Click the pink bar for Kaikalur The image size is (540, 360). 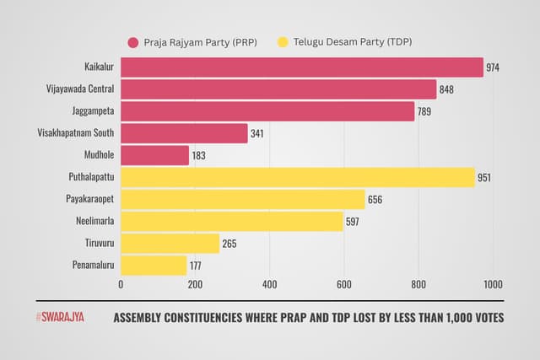coord(302,67)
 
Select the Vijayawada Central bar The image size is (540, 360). coord(278,89)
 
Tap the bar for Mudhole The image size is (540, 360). coord(155,155)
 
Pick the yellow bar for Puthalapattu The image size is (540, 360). coord(298,177)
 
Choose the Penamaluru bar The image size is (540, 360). coord(154,266)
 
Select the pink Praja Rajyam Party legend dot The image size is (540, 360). coord(133,42)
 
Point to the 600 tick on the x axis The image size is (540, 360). coord(343,285)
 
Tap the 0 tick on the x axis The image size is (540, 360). coord(121,285)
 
